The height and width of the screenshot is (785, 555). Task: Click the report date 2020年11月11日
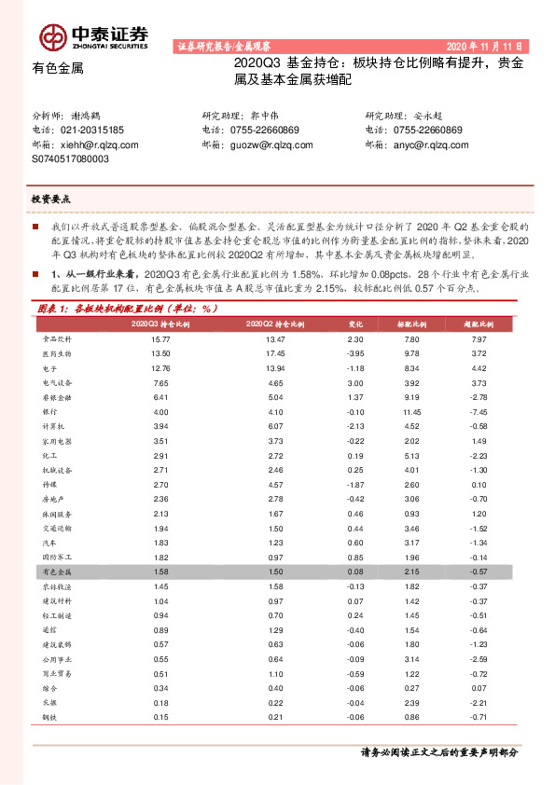click(487, 46)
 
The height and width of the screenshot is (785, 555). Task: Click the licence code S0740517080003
click(70, 158)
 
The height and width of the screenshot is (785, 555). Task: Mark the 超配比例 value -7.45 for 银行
click(479, 411)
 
